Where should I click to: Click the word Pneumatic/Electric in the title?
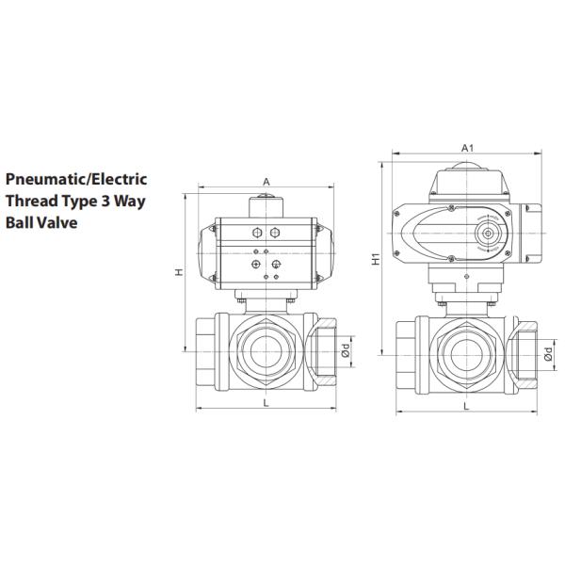[x=76, y=178]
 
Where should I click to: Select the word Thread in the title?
[x=32, y=201]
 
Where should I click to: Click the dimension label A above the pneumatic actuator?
[x=266, y=181]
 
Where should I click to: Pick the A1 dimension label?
[x=466, y=148]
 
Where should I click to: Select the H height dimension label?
[x=178, y=272]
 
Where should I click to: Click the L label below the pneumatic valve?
[x=266, y=403]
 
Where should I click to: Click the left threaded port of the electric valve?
[x=408, y=352]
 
